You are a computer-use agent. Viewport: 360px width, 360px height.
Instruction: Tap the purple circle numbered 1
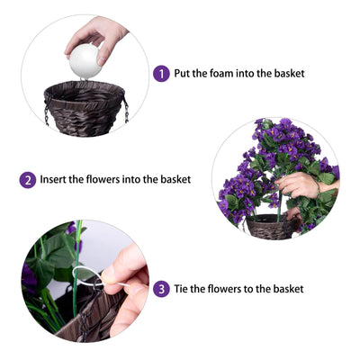(161, 74)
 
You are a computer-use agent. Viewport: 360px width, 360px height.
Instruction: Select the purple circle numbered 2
(28, 180)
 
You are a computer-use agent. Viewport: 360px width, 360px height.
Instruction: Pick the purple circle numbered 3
(161, 289)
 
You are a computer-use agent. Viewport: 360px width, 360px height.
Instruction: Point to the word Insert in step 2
(53, 179)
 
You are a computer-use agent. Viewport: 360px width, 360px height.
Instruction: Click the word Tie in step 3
(181, 289)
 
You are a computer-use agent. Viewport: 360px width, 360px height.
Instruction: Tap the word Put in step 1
(182, 73)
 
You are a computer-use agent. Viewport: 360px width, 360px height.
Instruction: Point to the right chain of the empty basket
(126, 111)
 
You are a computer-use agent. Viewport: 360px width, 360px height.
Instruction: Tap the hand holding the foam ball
(95, 38)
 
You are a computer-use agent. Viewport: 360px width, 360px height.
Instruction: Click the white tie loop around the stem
(90, 274)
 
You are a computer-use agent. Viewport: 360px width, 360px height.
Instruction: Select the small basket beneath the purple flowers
(271, 227)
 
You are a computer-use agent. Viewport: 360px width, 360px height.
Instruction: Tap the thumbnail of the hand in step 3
(108, 280)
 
